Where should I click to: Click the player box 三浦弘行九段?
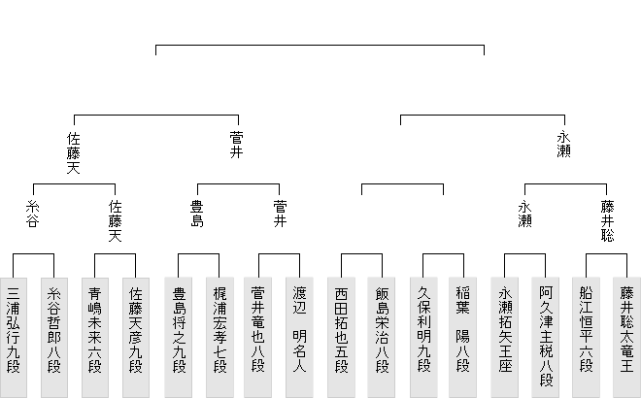click(13, 338)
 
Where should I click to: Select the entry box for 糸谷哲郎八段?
click(54, 338)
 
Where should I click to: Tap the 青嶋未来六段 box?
click(95, 338)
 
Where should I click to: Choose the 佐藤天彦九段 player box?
click(136, 338)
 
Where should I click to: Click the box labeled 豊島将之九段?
click(179, 338)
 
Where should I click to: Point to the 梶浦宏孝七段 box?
click(219, 338)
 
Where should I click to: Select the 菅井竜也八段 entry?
click(258, 338)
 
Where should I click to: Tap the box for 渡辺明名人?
click(299, 338)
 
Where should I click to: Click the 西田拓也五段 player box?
click(341, 338)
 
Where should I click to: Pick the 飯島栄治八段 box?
click(382, 338)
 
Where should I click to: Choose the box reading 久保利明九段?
click(423, 338)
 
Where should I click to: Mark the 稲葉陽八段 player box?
click(462, 338)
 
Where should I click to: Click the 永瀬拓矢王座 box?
click(505, 338)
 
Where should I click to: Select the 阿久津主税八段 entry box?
click(546, 338)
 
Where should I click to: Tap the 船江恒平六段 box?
click(587, 338)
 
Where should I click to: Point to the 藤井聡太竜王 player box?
click(626, 338)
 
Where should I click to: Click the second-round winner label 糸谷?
click(33, 214)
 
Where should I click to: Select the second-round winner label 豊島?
click(197, 214)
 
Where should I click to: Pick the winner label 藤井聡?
click(607, 220)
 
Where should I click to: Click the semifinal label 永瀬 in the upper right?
click(564, 145)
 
